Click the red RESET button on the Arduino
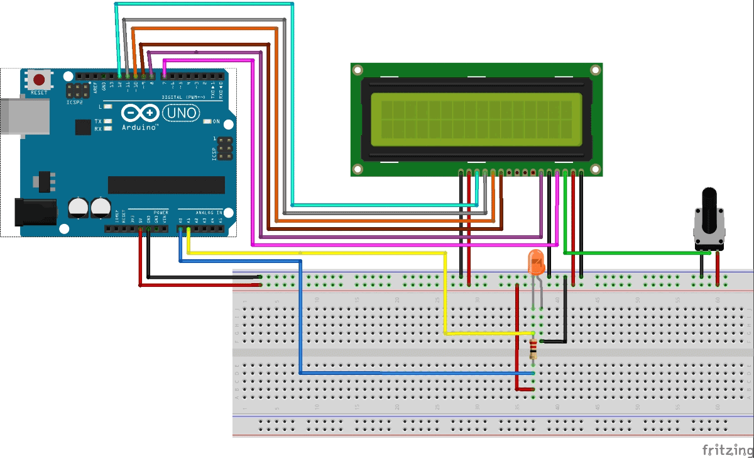[x=40, y=80]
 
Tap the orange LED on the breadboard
[x=536, y=262]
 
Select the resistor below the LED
[x=533, y=348]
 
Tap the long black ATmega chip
[x=167, y=184]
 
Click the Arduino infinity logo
[x=140, y=113]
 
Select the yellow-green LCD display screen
[x=476, y=116]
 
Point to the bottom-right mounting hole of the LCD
[x=594, y=169]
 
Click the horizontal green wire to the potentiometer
[x=635, y=253]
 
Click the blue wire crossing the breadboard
[x=415, y=373]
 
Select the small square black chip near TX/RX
[x=83, y=127]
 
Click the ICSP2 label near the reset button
[x=74, y=101]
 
